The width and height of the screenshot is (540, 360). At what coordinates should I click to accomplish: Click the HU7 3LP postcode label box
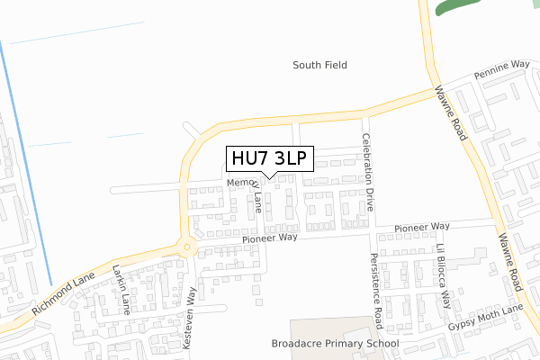[268, 158]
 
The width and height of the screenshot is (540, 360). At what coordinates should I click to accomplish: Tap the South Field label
[320, 65]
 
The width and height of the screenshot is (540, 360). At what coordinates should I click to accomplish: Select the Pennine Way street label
[503, 70]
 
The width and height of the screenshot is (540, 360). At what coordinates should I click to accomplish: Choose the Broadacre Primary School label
[335, 344]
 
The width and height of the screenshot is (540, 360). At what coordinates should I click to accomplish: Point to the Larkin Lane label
[122, 282]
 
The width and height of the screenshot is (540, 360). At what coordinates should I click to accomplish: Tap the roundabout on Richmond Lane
[187, 246]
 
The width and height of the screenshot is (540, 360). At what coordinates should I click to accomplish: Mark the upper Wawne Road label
[449, 113]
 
